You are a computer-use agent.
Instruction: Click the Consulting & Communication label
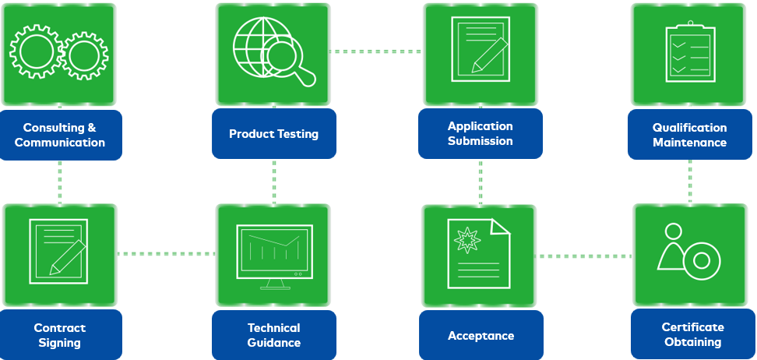click(x=60, y=135)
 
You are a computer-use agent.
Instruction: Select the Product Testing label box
click(x=274, y=133)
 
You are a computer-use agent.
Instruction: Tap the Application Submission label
click(x=480, y=133)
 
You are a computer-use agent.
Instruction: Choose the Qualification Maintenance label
click(x=689, y=135)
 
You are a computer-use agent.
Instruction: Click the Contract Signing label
click(x=60, y=335)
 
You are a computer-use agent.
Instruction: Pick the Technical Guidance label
click(x=274, y=335)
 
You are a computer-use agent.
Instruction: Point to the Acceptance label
click(x=481, y=336)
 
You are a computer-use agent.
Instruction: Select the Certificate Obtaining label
click(x=692, y=335)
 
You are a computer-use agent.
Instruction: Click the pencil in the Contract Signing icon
click(x=69, y=256)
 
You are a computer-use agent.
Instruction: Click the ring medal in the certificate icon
click(x=701, y=260)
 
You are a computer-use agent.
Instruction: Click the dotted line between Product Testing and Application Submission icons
click(x=375, y=52)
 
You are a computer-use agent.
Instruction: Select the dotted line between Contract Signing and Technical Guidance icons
click(x=166, y=254)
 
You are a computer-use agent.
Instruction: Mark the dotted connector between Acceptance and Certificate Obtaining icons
click(x=585, y=256)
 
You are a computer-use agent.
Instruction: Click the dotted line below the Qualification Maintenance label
click(x=690, y=181)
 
